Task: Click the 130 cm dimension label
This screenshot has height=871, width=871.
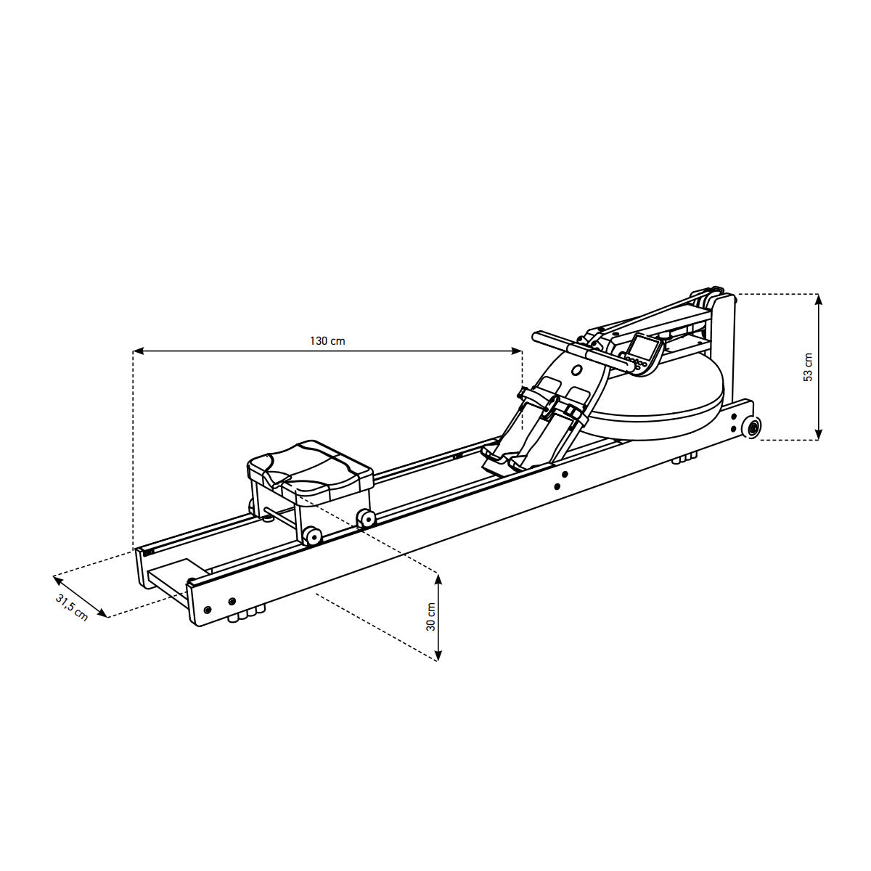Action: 327,341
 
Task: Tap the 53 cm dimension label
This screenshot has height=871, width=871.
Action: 808,367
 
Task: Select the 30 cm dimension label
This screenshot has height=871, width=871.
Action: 430,616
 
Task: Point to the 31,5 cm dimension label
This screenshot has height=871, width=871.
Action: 71,608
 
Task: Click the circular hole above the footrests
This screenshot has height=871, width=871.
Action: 577,371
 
